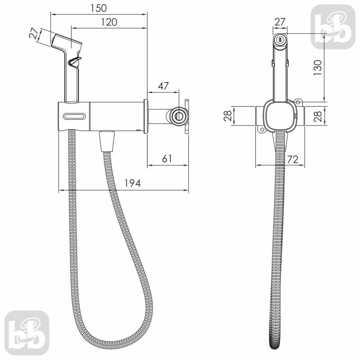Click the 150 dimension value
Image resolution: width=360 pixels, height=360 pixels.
(x=99, y=8)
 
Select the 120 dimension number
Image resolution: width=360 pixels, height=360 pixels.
(x=109, y=22)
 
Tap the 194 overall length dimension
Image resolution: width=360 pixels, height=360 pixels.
(x=132, y=183)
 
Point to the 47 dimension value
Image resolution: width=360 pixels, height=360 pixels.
(x=163, y=86)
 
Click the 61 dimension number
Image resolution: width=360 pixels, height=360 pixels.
(x=167, y=159)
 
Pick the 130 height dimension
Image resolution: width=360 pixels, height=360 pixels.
(x=318, y=67)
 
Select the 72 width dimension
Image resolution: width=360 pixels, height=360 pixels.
(x=293, y=159)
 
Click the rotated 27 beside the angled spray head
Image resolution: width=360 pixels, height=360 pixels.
(x=34, y=33)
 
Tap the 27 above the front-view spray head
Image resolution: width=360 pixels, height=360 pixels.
(x=280, y=22)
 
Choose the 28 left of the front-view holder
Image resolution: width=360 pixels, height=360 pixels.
(x=228, y=116)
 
